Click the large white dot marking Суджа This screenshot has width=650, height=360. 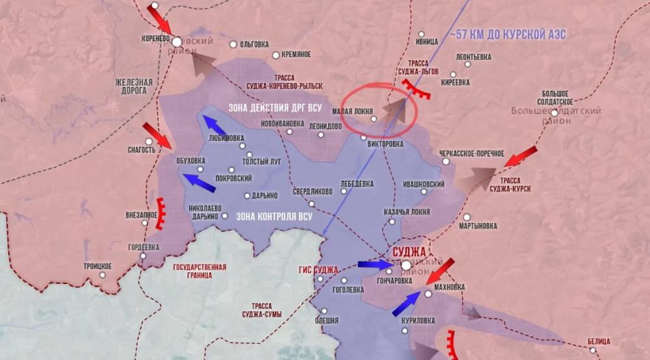[406, 266]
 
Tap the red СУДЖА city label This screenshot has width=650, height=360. [408, 252]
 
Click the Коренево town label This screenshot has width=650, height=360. [155, 38]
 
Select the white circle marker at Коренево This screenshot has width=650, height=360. [176, 42]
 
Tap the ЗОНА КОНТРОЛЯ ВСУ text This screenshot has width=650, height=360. [276, 216]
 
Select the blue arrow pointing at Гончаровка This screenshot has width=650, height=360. [374, 265]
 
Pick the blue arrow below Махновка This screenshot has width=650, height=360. [406, 303]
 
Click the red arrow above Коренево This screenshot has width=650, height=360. [159, 17]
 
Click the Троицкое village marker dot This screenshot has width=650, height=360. [103, 275]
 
